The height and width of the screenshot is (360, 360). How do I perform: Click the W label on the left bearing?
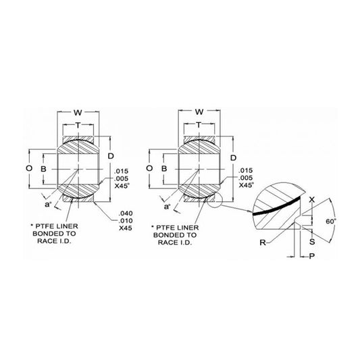[x=78, y=113]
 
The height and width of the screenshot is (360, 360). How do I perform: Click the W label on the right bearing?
[x=199, y=112]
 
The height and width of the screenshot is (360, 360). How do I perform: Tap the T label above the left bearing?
[x=78, y=125]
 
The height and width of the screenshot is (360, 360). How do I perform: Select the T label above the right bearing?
[x=199, y=124]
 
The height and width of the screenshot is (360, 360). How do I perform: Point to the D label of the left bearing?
[x=111, y=156]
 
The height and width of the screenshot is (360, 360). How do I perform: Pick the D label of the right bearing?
[x=233, y=158]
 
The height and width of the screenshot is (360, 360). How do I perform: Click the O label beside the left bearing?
[x=29, y=168]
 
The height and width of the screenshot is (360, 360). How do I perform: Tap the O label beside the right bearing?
[x=149, y=168]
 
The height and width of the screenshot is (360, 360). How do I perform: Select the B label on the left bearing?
[x=43, y=169]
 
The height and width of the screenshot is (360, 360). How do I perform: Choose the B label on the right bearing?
[x=164, y=169]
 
